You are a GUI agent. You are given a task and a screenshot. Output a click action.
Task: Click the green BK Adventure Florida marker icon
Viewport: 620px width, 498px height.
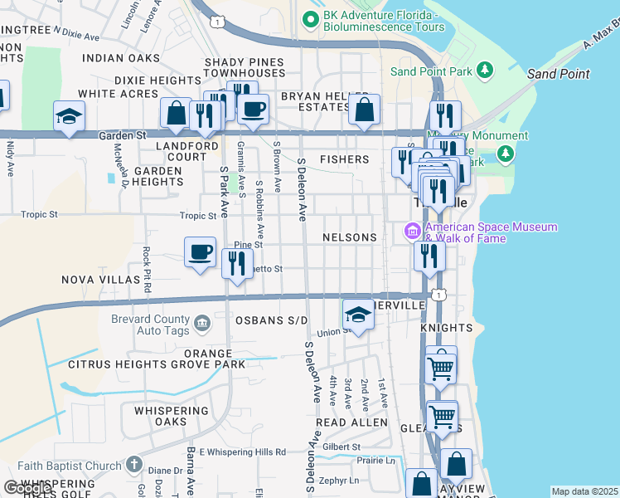(x=311, y=17)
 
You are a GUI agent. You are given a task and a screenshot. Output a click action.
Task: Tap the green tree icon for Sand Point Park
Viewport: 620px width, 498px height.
(x=486, y=71)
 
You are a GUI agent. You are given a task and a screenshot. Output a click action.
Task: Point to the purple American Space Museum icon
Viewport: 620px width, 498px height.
(x=412, y=232)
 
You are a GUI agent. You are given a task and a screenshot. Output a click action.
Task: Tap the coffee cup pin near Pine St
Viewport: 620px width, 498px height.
(x=200, y=252)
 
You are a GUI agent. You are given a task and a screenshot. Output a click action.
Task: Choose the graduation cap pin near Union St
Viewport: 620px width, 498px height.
(x=358, y=315)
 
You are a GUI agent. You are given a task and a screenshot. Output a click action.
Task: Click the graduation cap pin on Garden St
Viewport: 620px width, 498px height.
(x=69, y=117)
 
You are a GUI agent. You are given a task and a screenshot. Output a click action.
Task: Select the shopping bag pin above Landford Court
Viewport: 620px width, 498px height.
(x=177, y=114)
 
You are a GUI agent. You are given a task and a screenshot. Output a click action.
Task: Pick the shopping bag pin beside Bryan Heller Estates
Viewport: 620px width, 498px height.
(x=364, y=110)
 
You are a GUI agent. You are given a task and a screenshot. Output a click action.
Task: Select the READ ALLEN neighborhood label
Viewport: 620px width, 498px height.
(x=351, y=422)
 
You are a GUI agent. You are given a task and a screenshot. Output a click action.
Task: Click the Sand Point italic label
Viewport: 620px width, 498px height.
(x=558, y=74)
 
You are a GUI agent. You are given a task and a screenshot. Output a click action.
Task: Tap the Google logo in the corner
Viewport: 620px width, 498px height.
(x=27, y=487)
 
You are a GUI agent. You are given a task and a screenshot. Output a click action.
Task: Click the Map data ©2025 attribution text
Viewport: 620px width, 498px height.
(x=584, y=491)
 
